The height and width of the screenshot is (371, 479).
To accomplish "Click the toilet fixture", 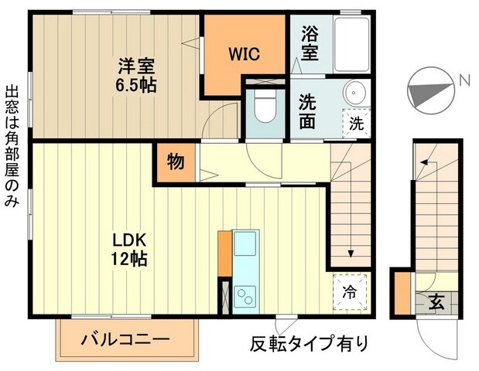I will (x=263, y=108).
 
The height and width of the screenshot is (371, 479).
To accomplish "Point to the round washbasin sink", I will (x=354, y=91).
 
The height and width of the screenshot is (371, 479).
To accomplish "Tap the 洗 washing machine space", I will (x=355, y=122).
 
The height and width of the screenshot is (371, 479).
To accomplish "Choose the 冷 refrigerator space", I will (x=349, y=293).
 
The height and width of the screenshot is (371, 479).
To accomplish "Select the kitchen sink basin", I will (x=246, y=247).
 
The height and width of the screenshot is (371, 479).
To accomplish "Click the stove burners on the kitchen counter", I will (x=246, y=295).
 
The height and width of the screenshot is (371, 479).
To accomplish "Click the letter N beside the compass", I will (x=463, y=80).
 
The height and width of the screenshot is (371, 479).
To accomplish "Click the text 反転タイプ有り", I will (x=310, y=342).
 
